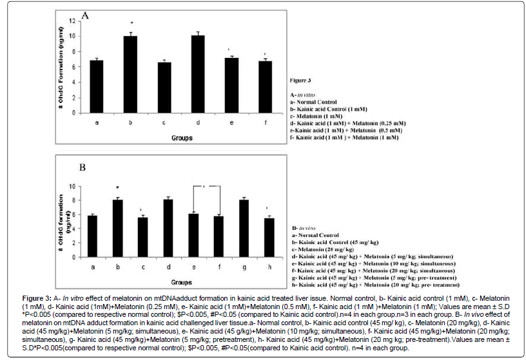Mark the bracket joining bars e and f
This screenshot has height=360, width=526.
pos(206,187)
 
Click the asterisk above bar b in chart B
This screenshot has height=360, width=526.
pos(117,187)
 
